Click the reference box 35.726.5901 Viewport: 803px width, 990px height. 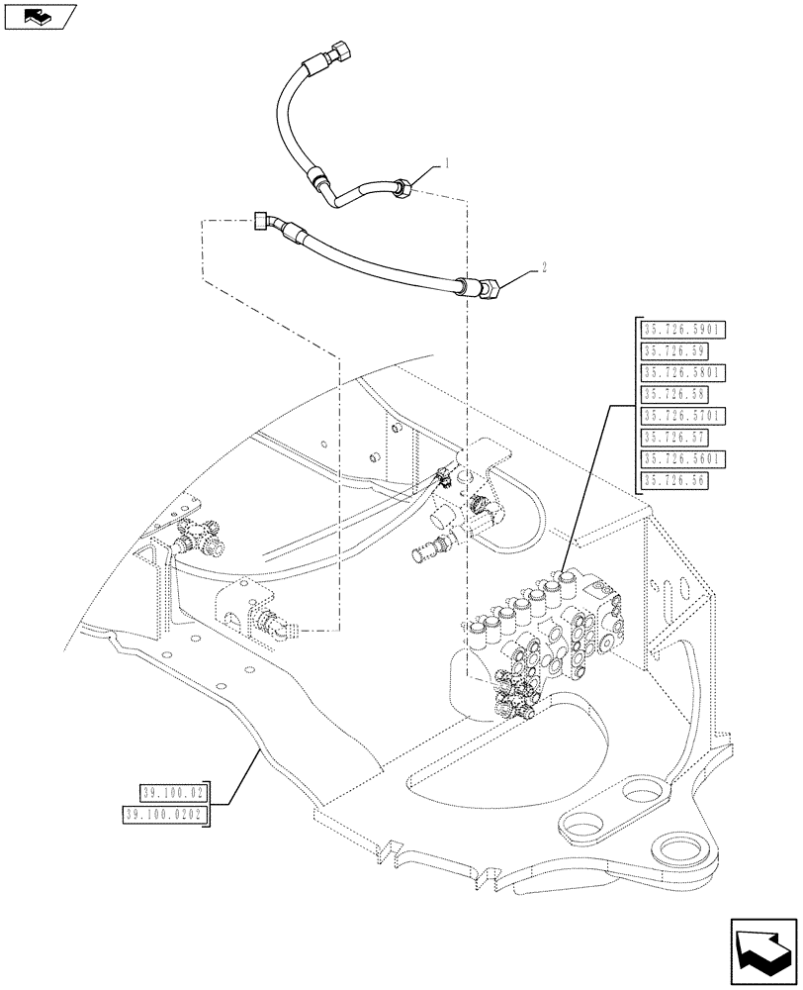pos(683,329)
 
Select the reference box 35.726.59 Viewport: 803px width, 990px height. pos(674,350)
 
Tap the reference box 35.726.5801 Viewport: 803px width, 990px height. pos(683,372)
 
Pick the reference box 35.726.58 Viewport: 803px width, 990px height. pos(674,394)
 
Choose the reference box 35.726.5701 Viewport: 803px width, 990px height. pos(683,416)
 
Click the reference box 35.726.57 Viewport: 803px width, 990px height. pos(674,438)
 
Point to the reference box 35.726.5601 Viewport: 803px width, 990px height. pos(683,459)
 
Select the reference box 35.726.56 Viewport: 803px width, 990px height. pos(674,481)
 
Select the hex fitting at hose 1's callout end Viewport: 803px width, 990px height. pos(401,185)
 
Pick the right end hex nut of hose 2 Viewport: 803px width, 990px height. pos(488,291)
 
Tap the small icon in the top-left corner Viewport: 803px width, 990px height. pos(39,16)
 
